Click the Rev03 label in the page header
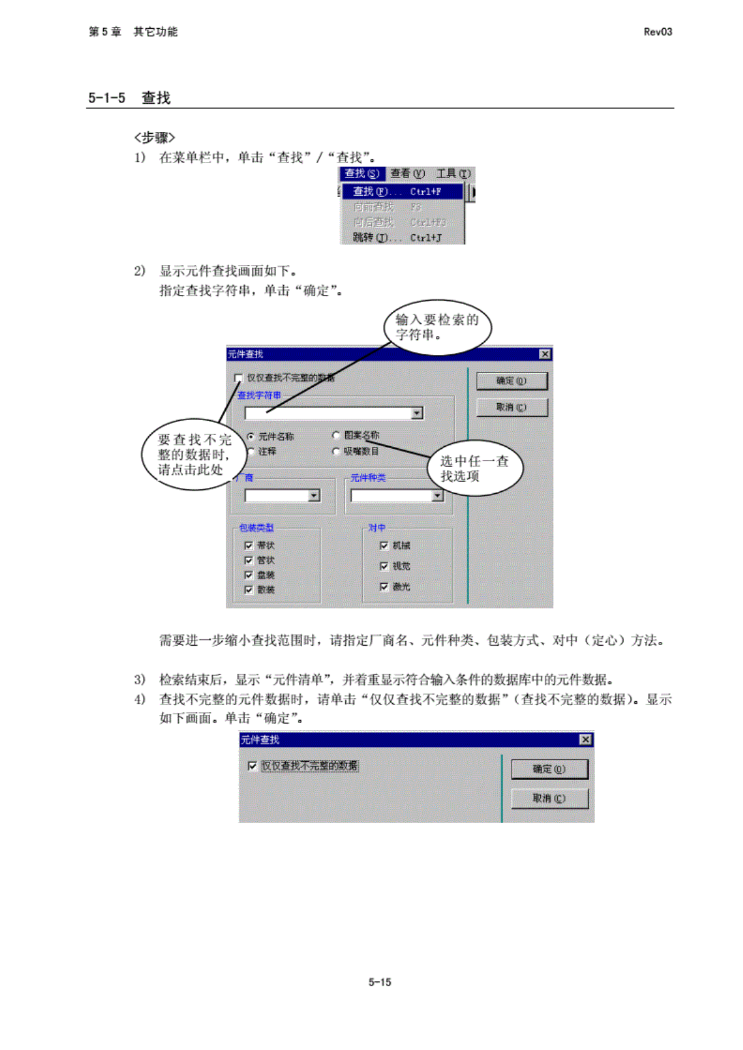657,32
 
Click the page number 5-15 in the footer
380,982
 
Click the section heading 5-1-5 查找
129,97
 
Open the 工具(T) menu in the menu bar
453,174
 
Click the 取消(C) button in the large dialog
512,407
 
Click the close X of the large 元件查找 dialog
545,354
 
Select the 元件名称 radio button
251,436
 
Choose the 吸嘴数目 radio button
336,451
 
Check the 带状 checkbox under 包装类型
249,546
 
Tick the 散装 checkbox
249,589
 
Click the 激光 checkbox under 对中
384,586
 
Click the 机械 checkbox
384,546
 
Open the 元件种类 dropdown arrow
437,496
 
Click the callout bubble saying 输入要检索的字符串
437,327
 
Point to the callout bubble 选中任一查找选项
475,468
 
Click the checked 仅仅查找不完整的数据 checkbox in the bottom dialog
253,766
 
